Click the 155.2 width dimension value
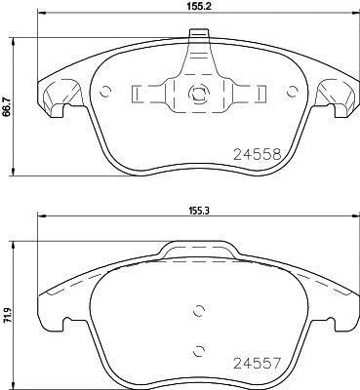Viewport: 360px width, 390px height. point(198,6)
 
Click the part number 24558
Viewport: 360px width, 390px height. point(258,155)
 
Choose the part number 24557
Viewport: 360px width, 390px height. point(257,364)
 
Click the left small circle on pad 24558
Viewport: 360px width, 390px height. point(105,92)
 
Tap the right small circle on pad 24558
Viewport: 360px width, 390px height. point(293,92)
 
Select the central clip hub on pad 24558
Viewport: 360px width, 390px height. point(198,94)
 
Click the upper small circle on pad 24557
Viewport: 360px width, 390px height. point(198,311)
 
